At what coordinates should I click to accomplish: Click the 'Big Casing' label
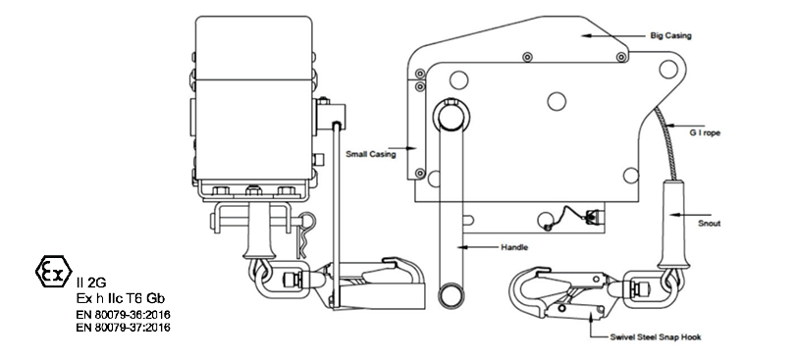click(670, 36)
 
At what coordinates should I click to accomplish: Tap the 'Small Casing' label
click(371, 154)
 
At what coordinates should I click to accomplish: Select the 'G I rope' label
click(705, 132)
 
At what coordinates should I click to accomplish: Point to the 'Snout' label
click(709, 223)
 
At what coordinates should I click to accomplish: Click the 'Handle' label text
click(514, 247)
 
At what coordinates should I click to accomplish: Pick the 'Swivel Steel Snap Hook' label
click(656, 336)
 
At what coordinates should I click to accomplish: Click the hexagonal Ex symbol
click(54, 272)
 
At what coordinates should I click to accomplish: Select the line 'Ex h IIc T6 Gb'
click(121, 298)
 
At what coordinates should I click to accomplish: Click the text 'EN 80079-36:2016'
click(124, 315)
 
